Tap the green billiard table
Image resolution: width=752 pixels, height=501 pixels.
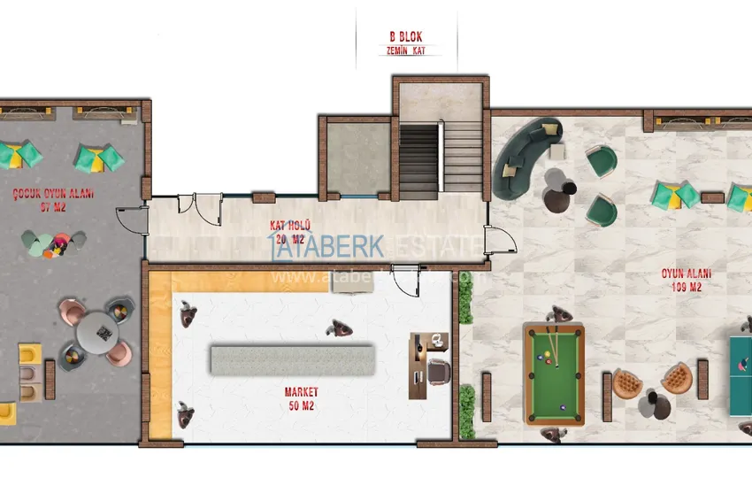554,373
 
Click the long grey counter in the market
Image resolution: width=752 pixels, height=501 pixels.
293,359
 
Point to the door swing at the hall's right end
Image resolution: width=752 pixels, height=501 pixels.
496,242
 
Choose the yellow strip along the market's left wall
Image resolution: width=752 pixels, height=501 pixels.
160,354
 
